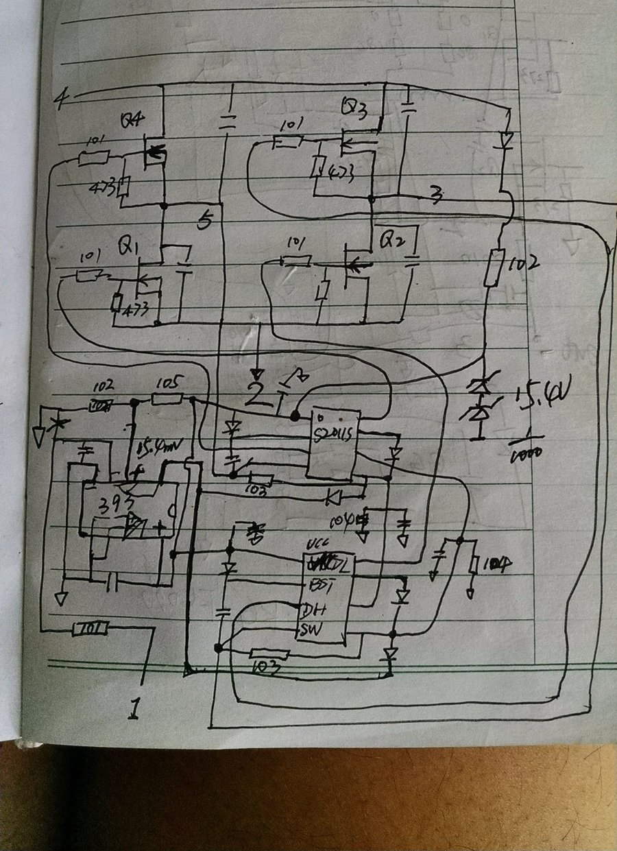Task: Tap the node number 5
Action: [x=204, y=221]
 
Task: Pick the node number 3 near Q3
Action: [x=433, y=195]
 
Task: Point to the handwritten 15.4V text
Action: [x=542, y=396]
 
